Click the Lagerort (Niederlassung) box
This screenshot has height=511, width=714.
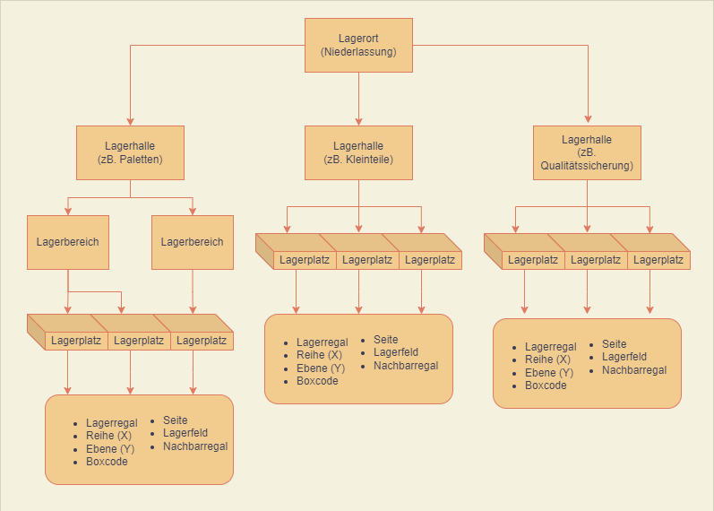pyautogui.click(x=358, y=45)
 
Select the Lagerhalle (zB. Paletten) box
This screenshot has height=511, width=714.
pyautogui.click(x=130, y=152)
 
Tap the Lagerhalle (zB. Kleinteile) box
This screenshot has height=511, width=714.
pyautogui.click(x=358, y=152)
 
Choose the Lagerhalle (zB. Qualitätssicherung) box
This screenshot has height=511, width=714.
pyautogui.click(x=587, y=152)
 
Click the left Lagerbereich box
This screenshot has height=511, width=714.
pyautogui.click(x=68, y=242)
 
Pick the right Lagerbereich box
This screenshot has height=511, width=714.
pyautogui.click(x=193, y=242)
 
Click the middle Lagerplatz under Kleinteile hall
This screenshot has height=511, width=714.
pyautogui.click(x=367, y=260)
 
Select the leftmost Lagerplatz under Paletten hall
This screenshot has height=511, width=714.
pyautogui.click(x=76, y=341)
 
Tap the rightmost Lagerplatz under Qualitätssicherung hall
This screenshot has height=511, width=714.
pyautogui.click(x=658, y=260)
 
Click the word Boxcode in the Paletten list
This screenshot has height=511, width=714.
pyautogui.click(x=107, y=462)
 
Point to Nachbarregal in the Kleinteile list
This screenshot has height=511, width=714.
pyautogui.click(x=406, y=366)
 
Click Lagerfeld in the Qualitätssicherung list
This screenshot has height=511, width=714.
pyautogui.click(x=624, y=357)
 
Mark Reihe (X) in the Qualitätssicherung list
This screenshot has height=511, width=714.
pyautogui.click(x=547, y=359)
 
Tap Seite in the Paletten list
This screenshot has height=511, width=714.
pyautogui.click(x=176, y=420)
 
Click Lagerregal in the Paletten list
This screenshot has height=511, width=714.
pyautogui.click(x=111, y=422)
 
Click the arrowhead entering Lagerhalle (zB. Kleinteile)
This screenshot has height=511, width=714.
pyautogui.click(x=358, y=121)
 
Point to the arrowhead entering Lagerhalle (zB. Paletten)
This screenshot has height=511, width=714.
pyautogui.click(x=130, y=121)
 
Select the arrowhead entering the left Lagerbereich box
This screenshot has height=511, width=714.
pyautogui.click(x=68, y=211)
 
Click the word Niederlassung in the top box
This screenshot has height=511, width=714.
pyautogui.click(x=358, y=53)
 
